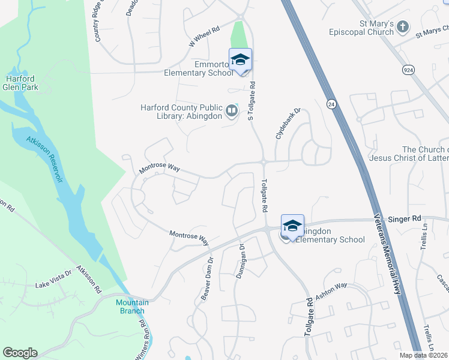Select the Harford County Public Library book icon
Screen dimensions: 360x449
tap(231, 110)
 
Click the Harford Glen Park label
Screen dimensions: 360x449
tap(22, 83)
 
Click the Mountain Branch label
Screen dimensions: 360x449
tap(132, 306)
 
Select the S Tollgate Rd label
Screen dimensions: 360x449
tap(252, 101)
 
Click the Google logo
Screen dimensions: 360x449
tap(20, 353)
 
